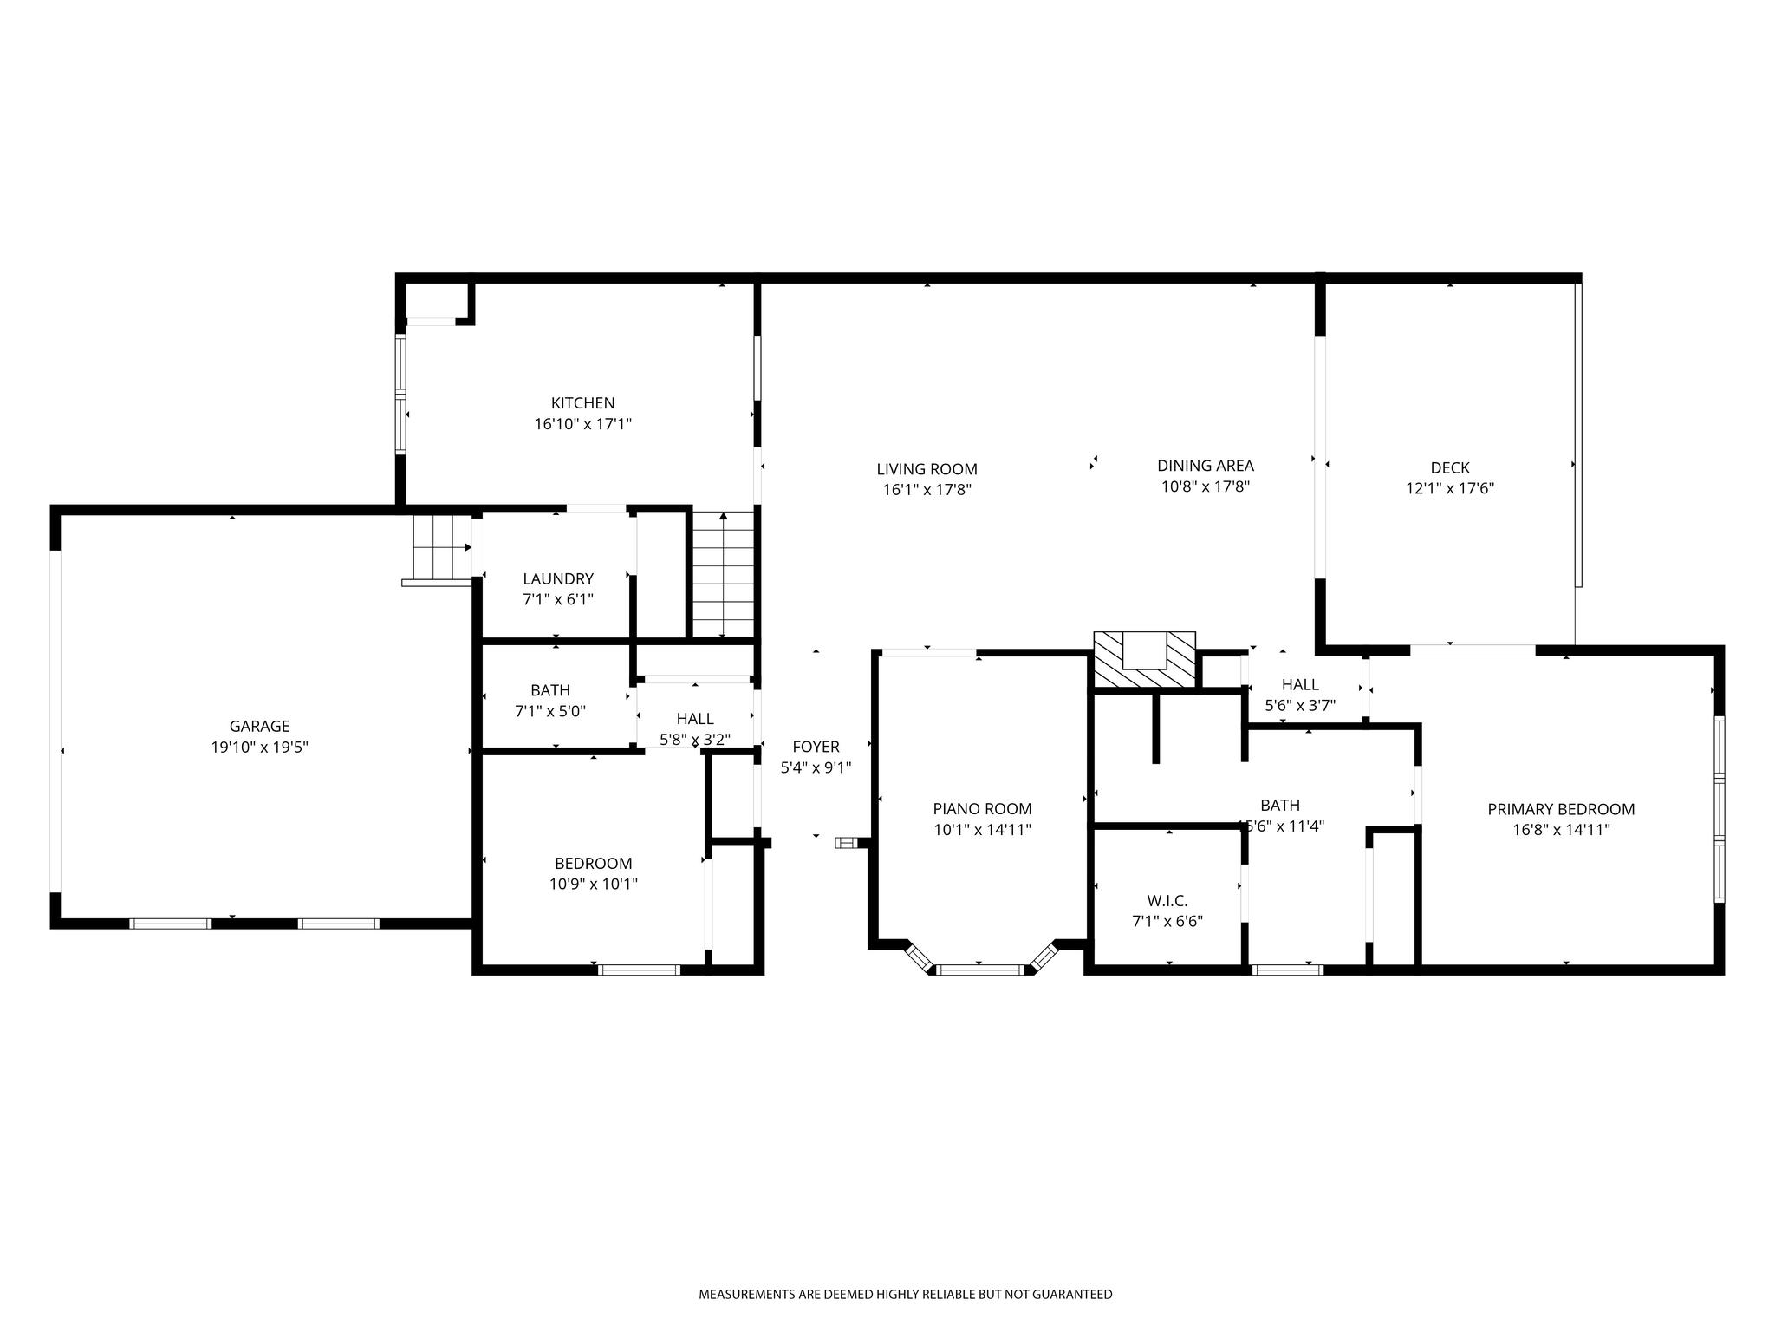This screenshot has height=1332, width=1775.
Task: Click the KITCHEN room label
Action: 582,403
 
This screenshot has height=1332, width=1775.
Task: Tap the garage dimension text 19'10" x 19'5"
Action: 259,748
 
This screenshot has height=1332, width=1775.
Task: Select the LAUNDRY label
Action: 558,579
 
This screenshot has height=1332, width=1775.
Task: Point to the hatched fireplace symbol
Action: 1144,660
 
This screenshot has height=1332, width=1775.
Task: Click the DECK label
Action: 1450,468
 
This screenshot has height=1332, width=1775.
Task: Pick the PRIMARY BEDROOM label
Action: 1561,809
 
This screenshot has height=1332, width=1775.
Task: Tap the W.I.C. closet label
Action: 1167,901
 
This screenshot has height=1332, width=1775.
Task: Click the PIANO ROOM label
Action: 982,809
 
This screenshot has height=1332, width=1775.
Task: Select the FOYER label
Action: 816,747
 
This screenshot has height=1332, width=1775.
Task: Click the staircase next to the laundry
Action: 724,575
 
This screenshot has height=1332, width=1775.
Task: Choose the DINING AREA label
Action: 1206,466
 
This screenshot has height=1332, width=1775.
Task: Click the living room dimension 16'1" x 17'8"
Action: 927,490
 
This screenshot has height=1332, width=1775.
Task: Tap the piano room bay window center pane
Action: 981,970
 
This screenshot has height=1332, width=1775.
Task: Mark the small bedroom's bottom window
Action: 639,970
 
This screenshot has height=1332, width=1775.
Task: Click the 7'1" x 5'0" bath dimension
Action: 550,712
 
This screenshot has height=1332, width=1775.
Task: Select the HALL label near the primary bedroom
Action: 1300,685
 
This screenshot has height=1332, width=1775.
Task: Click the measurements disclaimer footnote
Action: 906,1295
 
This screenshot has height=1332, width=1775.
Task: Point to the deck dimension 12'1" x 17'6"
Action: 1450,489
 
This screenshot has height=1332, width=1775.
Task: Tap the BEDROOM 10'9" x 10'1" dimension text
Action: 594,885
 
